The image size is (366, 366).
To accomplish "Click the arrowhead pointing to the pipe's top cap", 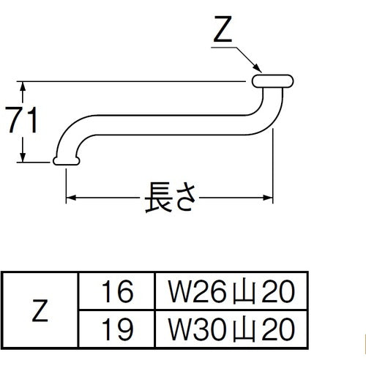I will (x=255, y=71).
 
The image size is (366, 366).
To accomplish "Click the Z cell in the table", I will (x=40, y=310).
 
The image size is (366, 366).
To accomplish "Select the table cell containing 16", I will (x=117, y=294).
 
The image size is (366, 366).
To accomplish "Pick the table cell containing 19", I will (x=117, y=326).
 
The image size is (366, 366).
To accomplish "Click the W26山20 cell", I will (x=230, y=294).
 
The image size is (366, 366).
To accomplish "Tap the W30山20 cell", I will (x=230, y=326).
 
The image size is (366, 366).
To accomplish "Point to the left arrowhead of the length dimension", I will (x=72, y=198).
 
